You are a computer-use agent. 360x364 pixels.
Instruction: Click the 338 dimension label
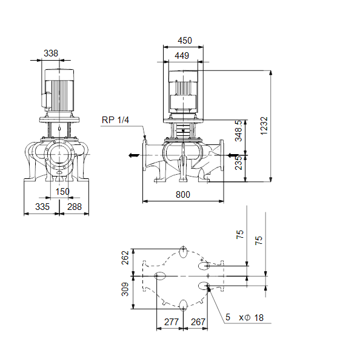click(x=51, y=53)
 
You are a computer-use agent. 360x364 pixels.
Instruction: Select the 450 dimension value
click(x=185, y=41)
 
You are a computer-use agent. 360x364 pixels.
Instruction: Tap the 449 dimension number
click(x=182, y=56)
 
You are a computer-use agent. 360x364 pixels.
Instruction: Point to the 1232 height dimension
click(x=264, y=126)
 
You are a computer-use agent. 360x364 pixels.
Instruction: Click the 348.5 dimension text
click(x=238, y=130)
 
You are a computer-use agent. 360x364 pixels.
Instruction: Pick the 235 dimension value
click(x=238, y=163)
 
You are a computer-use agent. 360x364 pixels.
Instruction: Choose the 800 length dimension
click(x=183, y=195)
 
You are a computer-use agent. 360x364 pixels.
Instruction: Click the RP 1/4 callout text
click(x=115, y=120)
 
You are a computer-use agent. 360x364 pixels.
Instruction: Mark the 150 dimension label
click(x=62, y=192)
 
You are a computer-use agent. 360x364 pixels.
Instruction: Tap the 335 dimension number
click(x=42, y=207)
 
